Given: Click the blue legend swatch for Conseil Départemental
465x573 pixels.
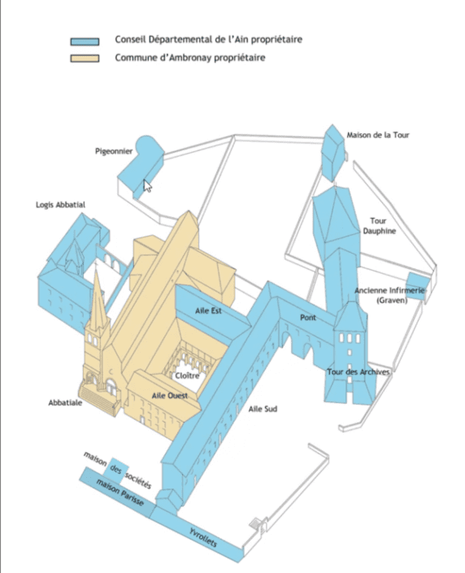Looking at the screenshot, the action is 85,41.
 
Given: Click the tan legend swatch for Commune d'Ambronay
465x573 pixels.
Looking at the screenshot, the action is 85,59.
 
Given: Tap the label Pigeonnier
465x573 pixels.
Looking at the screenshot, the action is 114,151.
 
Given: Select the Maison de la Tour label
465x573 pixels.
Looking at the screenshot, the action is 378,135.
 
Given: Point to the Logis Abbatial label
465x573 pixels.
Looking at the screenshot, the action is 60,205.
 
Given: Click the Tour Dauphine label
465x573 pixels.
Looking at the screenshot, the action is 379,226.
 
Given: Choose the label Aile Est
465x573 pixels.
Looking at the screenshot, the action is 208,311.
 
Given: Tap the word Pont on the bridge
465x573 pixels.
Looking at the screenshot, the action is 308,318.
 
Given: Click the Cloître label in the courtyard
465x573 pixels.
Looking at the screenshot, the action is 187,375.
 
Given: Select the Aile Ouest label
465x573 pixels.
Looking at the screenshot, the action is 170,395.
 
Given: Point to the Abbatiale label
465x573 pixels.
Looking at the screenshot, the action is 65,402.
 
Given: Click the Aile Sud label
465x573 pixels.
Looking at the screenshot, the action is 263,409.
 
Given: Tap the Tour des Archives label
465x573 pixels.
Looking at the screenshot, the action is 359,372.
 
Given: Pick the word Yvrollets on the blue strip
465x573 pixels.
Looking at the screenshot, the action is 203,537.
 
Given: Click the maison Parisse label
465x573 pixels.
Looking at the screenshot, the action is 120,492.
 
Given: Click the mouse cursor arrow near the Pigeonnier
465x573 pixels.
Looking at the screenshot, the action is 146,185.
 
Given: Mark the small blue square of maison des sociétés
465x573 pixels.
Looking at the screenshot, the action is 115,468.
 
